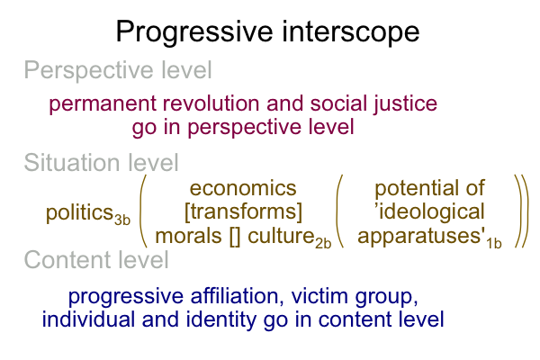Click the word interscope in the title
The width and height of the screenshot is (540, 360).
pyautogui.click(x=351, y=32)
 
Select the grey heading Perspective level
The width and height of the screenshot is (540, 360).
pyautogui.click(x=118, y=71)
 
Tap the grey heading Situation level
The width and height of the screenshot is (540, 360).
pyautogui.click(x=101, y=163)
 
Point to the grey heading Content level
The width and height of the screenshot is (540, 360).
pyautogui.click(x=96, y=260)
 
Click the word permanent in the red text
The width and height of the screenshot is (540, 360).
pyautogui.click(x=103, y=104)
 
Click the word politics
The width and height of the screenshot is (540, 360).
pyautogui.click(x=79, y=213)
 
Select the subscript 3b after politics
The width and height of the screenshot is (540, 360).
pyautogui.click(x=122, y=220)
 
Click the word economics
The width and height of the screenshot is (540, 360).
pyautogui.click(x=243, y=188)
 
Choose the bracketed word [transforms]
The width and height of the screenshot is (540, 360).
pyautogui.click(x=243, y=211)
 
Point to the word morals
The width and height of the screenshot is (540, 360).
pyautogui.click(x=188, y=237)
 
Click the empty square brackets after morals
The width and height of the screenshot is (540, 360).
pyautogui.click(x=235, y=237)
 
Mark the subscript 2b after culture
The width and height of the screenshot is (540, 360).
pyautogui.click(x=323, y=244)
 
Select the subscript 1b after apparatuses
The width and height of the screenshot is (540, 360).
pyautogui.click(x=494, y=244)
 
